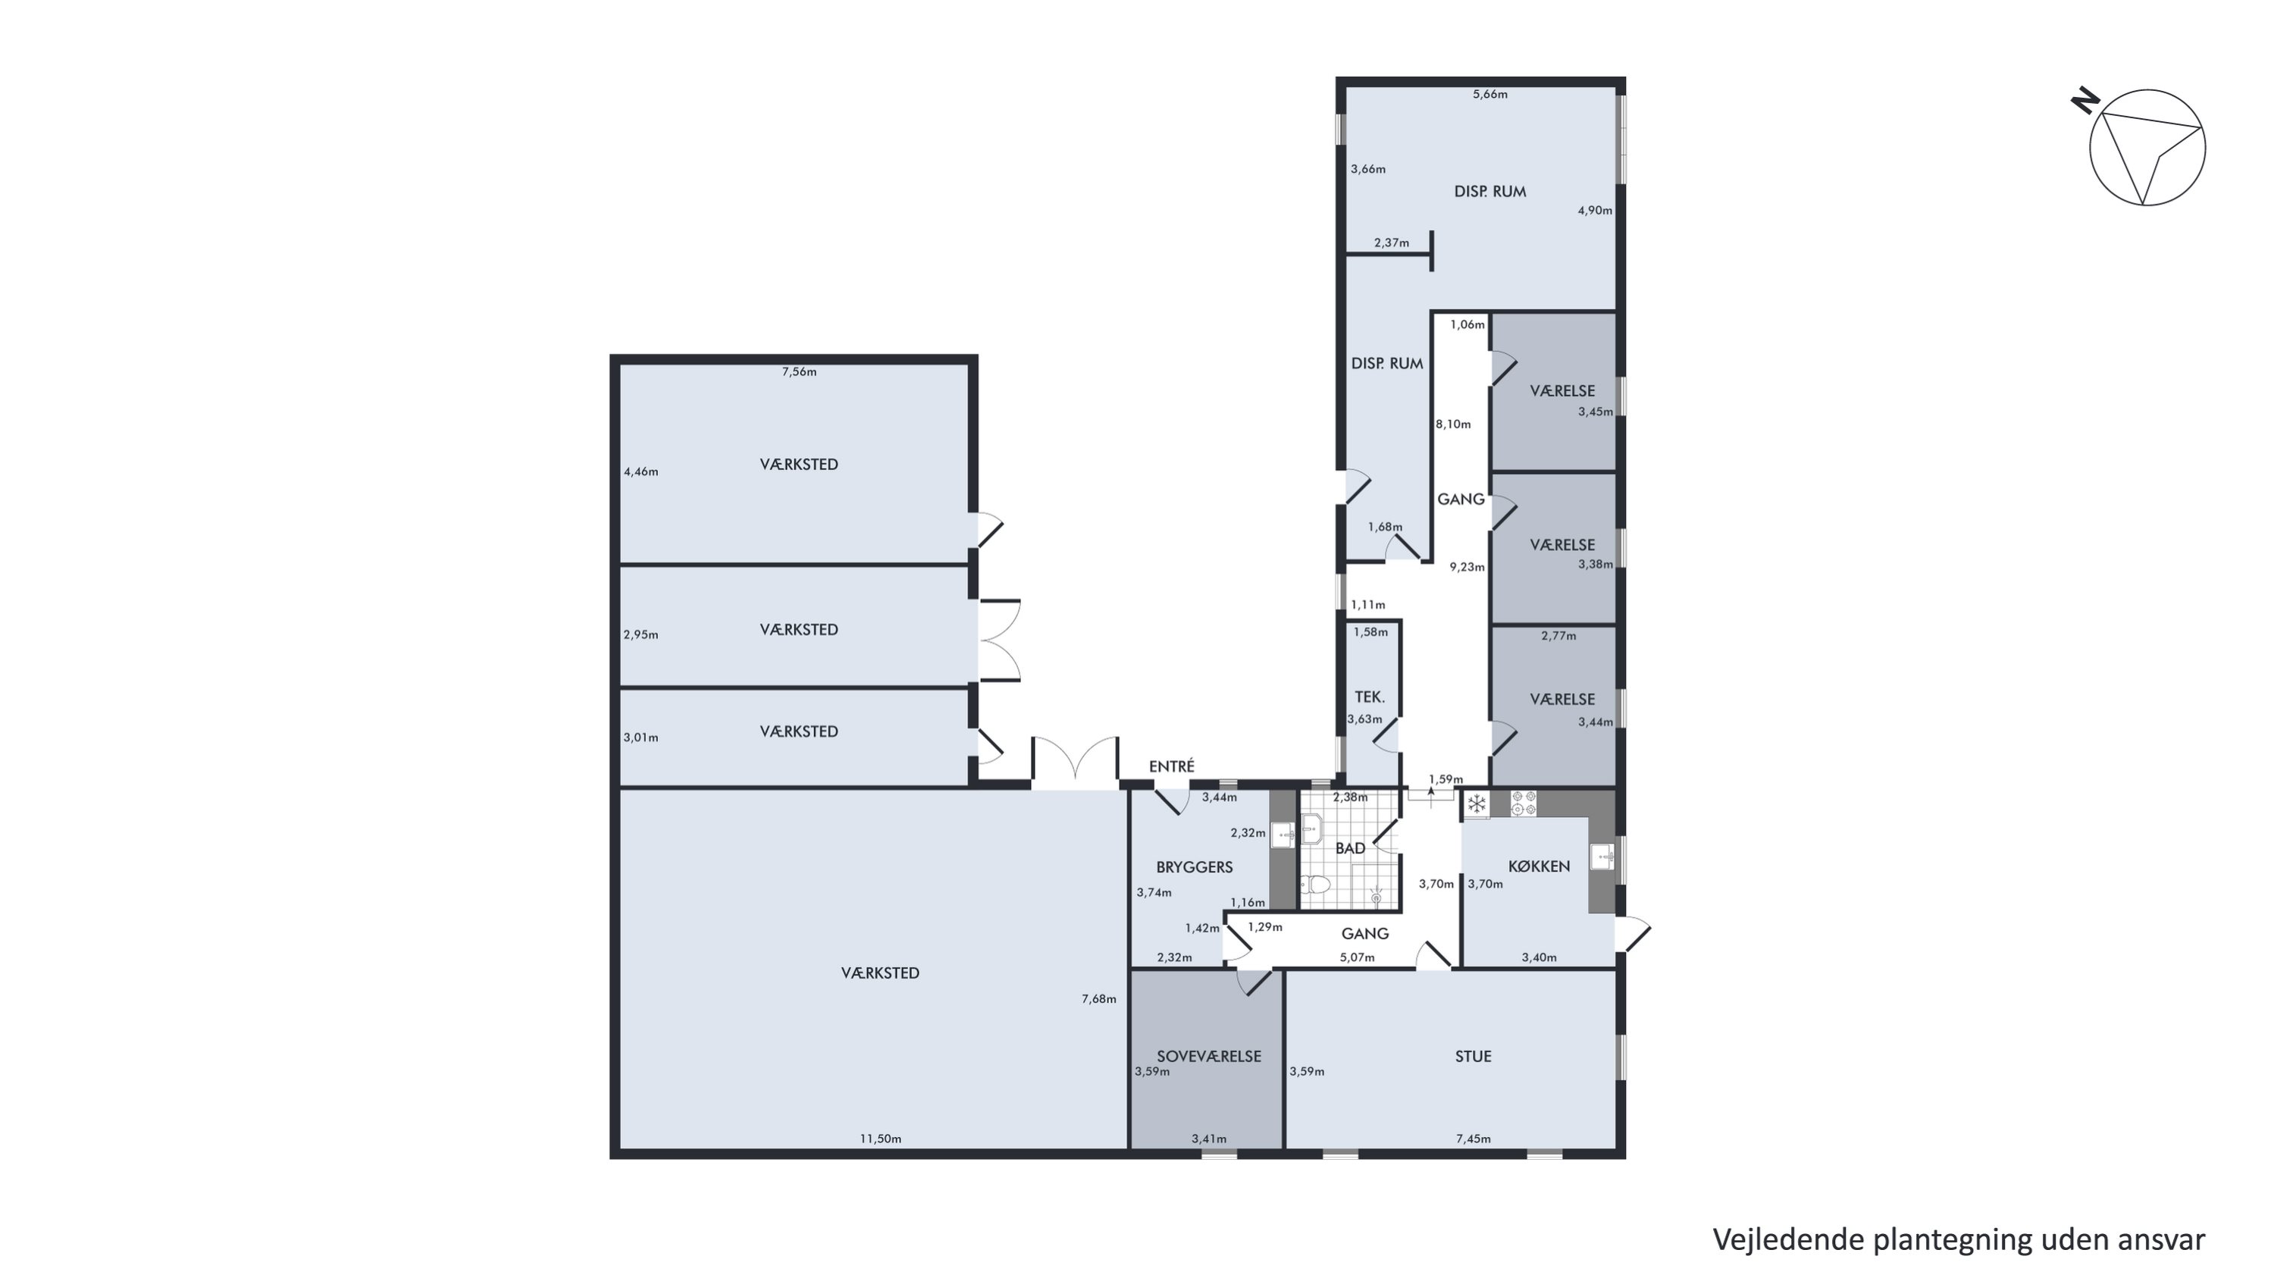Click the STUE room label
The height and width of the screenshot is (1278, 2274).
click(1474, 1057)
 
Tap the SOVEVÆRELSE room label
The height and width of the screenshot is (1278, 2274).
click(1208, 1057)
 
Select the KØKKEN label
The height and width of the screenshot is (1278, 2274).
click(1539, 866)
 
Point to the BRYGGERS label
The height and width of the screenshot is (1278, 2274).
click(1195, 866)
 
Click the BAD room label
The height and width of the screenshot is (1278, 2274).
click(1351, 848)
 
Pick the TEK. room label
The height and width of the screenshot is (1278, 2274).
click(1370, 697)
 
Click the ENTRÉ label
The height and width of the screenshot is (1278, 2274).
click(1171, 766)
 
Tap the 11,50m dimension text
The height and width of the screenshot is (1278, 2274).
click(881, 1139)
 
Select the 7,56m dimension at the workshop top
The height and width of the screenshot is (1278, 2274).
click(799, 371)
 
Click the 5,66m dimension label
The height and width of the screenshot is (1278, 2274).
click(1490, 95)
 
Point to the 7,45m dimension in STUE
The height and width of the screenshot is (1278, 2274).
click(1474, 1139)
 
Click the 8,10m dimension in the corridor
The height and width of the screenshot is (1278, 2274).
click(1453, 424)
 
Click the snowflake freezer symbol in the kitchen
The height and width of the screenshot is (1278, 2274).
click(1476, 804)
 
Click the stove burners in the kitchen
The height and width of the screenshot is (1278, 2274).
click(1524, 803)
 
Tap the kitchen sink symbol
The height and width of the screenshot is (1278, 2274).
click(1602, 856)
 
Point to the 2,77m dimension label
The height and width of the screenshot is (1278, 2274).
click(1558, 635)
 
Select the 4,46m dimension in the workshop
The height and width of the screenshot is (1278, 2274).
click(641, 471)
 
